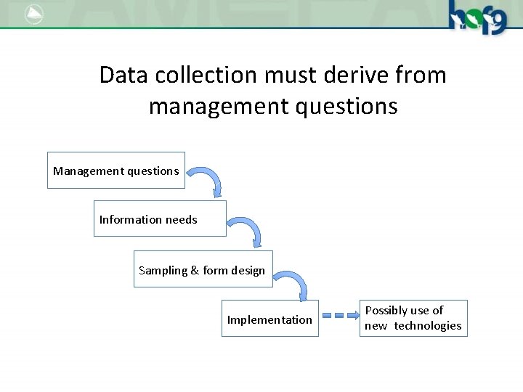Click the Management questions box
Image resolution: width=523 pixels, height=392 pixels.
(116, 171)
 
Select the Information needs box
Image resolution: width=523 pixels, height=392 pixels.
(160, 219)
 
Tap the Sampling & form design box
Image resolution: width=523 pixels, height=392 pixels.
(203, 269)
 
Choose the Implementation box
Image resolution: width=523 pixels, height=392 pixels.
(269, 319)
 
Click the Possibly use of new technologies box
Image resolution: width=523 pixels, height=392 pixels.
(413, 318)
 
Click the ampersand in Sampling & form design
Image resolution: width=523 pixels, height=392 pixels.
(195, 271)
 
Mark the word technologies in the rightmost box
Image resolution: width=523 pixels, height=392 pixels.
(428, 326)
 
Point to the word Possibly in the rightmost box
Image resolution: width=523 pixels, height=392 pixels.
(386, 310)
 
